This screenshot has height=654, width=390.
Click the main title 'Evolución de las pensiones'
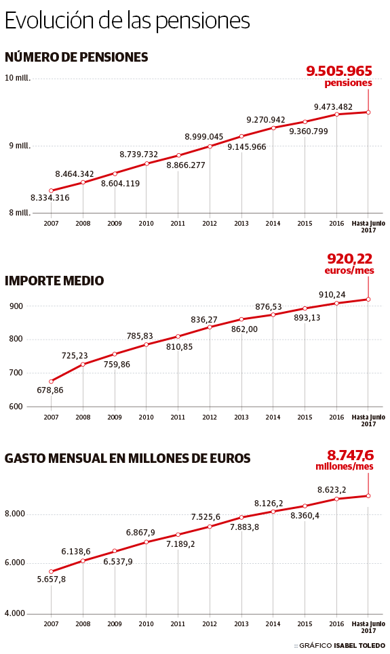tap(128, 20)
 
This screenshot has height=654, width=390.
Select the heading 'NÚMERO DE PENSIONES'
tap(76, 58)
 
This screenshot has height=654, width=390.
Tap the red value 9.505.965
tap(339, 70)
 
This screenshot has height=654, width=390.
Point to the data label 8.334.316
tap(50, 198)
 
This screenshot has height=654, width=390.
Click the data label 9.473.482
tap(333, 107)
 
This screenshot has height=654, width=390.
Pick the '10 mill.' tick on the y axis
tap(18, 78)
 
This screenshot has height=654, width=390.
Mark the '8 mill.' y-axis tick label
tap(18, 213)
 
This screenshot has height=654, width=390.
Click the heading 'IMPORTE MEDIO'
tap(54, 281)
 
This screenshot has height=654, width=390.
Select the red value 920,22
tap(349, 258)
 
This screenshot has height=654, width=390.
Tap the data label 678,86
tap(51, 390)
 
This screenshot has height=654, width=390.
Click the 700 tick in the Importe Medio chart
tap(16, 373)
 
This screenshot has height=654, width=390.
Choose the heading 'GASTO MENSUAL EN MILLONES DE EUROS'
tap(128, 458)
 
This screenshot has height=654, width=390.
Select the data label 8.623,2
tap(332, 489)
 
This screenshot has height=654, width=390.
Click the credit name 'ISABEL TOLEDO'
tap(359, 646)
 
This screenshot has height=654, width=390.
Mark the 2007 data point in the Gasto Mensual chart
tap(51, 571)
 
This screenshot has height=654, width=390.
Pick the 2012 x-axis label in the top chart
tap(209, 223)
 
